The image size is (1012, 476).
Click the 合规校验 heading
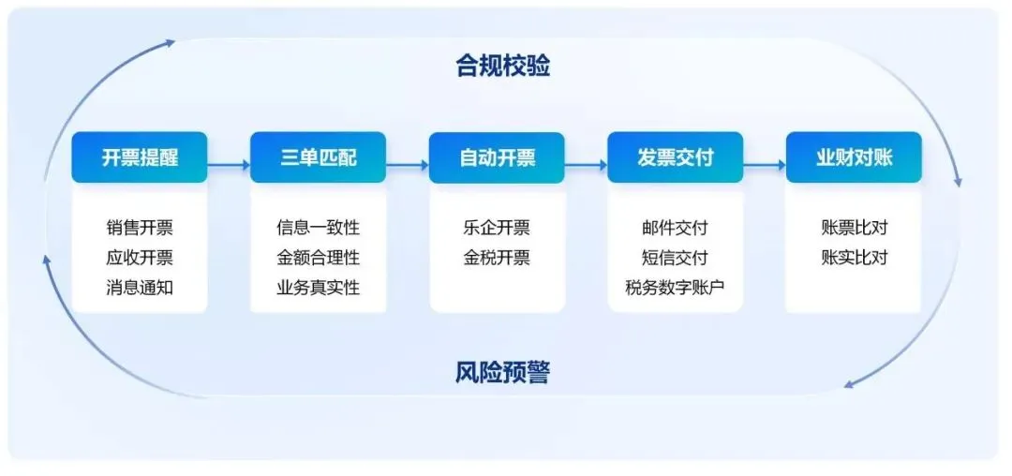pos(503,67)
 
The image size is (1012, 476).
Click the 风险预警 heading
pos(503,373)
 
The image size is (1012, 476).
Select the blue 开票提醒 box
pos(140,157)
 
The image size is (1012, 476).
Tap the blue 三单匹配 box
pos(318,157)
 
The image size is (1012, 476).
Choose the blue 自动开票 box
pos(497,157)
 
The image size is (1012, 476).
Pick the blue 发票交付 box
pos(675,157)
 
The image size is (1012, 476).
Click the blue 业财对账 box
pos(854,157)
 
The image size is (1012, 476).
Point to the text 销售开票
pos(140,228)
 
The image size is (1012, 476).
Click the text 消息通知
pos(140,288)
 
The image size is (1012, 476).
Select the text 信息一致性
pos(318,228)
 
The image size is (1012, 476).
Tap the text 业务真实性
pos(318,288)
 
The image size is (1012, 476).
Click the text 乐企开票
pos(497,228)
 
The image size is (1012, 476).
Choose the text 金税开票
pos(497,258)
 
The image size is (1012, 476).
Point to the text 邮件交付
pos(675,228)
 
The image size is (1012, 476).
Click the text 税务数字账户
pos(675,288)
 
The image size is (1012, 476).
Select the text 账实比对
pos(854,258)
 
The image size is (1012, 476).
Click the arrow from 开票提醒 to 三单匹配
pos(229,166)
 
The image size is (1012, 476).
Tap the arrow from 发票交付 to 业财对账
pos(764,166)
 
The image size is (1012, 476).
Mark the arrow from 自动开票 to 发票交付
pos(586,166)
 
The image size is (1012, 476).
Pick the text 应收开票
pos(140,258)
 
